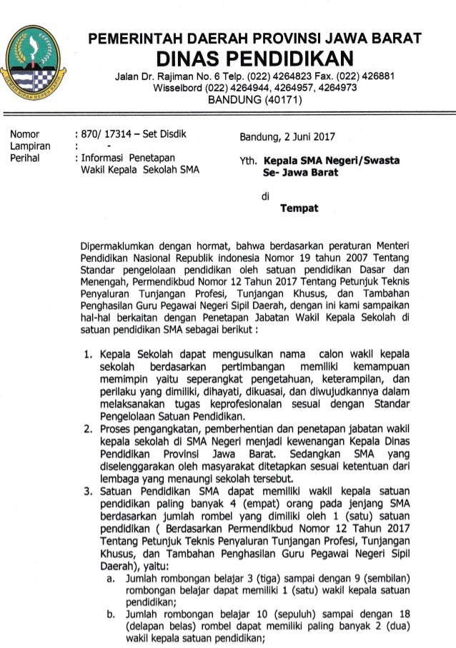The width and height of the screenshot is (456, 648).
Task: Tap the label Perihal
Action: [25, 158]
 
